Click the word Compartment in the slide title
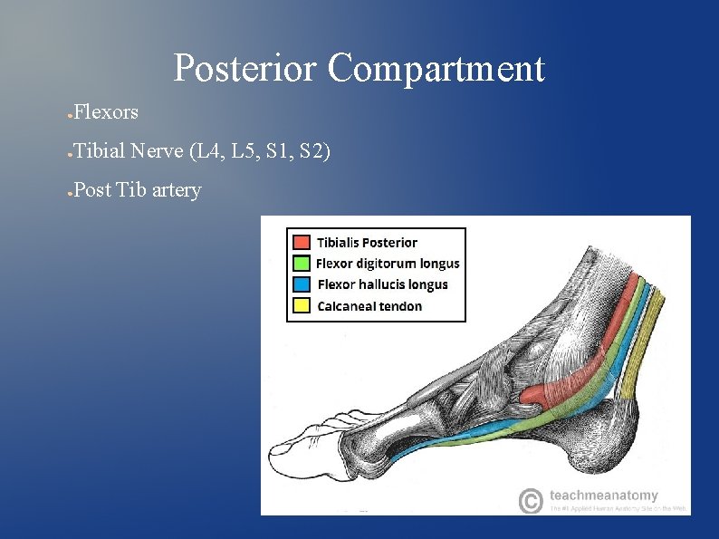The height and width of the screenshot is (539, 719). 436,69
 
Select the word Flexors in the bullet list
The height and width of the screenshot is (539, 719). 106,112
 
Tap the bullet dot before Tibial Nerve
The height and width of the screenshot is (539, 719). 69,152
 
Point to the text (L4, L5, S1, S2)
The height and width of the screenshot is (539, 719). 260,150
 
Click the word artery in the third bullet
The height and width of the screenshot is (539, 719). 175,189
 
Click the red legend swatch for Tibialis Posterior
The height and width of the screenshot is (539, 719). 302,243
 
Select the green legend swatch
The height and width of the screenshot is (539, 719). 302,264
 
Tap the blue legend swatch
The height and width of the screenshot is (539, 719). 302,284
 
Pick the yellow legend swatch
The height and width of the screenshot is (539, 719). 302,306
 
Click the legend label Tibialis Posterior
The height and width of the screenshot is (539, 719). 367,243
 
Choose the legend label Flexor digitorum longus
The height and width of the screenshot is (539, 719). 388,264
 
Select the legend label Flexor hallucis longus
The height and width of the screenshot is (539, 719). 382,284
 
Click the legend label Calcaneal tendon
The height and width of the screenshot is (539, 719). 369,306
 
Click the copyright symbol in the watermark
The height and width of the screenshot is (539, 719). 531,500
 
